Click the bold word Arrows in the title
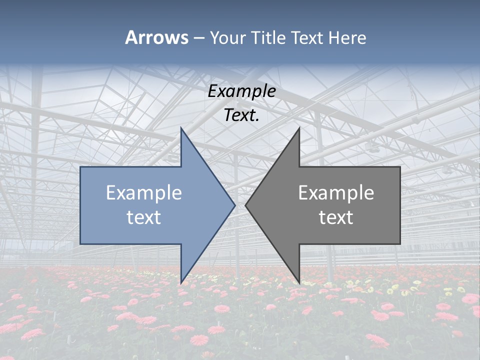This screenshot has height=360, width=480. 156,37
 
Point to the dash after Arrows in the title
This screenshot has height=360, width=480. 198,38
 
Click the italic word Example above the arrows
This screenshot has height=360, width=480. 242,91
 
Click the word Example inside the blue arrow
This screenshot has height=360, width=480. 144,193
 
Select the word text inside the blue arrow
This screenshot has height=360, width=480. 144,217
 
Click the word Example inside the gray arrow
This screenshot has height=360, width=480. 336,193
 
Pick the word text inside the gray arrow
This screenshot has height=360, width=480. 336,217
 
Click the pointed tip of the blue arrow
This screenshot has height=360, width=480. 234,205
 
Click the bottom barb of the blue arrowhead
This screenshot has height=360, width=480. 181,282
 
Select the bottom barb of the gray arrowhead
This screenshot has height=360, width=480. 299,282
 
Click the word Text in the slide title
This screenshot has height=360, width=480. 307,38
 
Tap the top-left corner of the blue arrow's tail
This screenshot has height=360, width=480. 81,167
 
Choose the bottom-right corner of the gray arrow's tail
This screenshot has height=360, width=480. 399,243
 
